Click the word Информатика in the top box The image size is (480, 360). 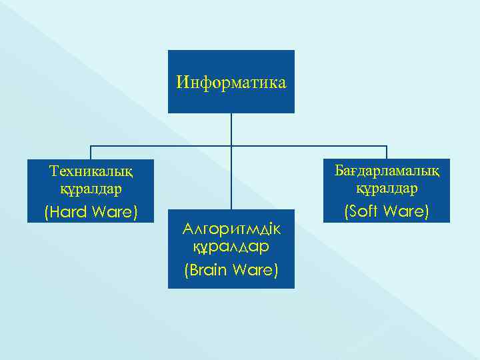point(231,83)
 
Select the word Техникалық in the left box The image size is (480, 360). point(91,171)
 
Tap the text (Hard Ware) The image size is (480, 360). point(91,213)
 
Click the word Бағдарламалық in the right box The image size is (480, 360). point(387,171)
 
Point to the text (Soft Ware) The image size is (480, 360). point(387,213)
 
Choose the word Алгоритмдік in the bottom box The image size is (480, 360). point(231,229)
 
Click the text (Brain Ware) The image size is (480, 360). point(231,271)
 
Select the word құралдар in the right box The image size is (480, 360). point(387,189)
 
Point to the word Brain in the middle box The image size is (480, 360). point(211,271)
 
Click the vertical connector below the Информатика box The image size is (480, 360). point(231,129)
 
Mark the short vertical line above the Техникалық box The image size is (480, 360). point(91,152)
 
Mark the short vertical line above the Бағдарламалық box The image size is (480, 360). point(387,152)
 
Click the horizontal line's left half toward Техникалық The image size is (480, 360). point(160,145)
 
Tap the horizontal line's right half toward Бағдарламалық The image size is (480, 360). point(310,145)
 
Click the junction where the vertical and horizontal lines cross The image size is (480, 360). point(231,145)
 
